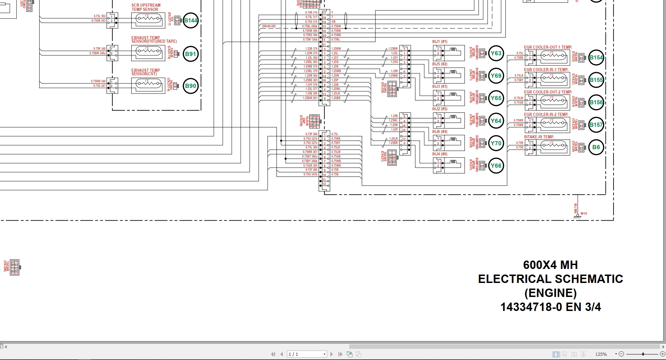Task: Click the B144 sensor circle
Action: [191, 20]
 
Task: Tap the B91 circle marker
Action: [190, 54]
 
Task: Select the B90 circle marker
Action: [190, 86]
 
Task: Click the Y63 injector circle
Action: [496, 53]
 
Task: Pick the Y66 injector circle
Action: [496, 166]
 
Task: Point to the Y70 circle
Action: [496, 143]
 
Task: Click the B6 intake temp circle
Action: [596, 147]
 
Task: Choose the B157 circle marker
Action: [596, 125]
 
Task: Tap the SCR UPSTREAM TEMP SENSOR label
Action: [146, 7]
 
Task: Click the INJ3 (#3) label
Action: [440, 86]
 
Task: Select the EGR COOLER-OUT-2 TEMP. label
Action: [548, 92]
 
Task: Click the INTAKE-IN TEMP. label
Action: [539, 137]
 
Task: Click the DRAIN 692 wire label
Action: [269, 26]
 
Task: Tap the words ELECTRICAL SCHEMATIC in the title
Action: [550, 279]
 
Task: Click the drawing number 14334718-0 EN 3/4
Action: [550, 307]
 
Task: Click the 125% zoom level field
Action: [601, 354]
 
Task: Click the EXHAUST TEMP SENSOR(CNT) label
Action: [145, 72]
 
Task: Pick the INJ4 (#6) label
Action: [440, 154]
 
